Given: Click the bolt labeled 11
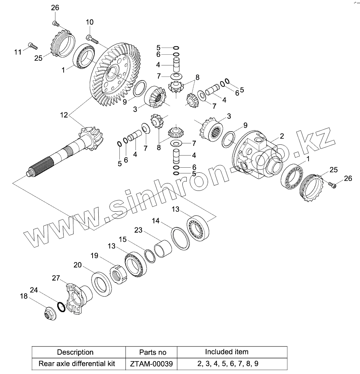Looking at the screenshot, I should (32, 45).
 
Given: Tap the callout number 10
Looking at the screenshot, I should (89, 22).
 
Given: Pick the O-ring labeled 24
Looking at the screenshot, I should (61, 306).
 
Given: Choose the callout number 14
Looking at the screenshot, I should (156, 221).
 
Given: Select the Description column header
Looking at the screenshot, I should (75, 352).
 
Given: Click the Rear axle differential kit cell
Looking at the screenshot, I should (77, 364).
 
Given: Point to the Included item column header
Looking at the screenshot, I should (226, 352).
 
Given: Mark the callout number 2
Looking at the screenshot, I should (282, 136).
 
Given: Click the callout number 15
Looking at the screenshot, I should (123, 238).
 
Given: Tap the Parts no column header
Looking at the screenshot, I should (153, 352).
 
